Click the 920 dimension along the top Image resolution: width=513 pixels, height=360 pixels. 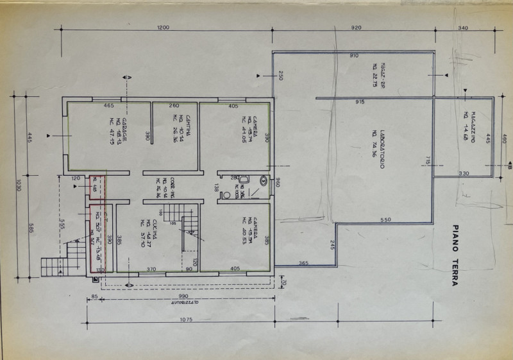(357, 27)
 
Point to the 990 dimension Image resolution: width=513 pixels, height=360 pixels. (183, 296)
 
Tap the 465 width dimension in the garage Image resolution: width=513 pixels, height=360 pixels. (108, 105)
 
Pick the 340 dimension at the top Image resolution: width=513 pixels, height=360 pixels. (464, 27)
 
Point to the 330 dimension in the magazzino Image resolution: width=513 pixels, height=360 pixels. (464, 173)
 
